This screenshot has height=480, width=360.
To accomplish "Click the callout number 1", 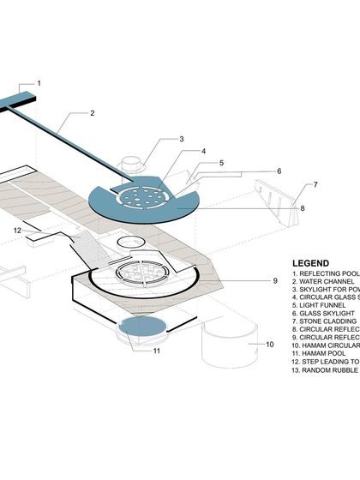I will click(x=38, y=83).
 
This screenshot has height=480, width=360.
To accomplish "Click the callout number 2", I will click(x=93, y=112).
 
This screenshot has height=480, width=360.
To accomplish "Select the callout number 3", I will click(x=182, y=139).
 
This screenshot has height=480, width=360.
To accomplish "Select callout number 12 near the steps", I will click(x=17, y=231).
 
